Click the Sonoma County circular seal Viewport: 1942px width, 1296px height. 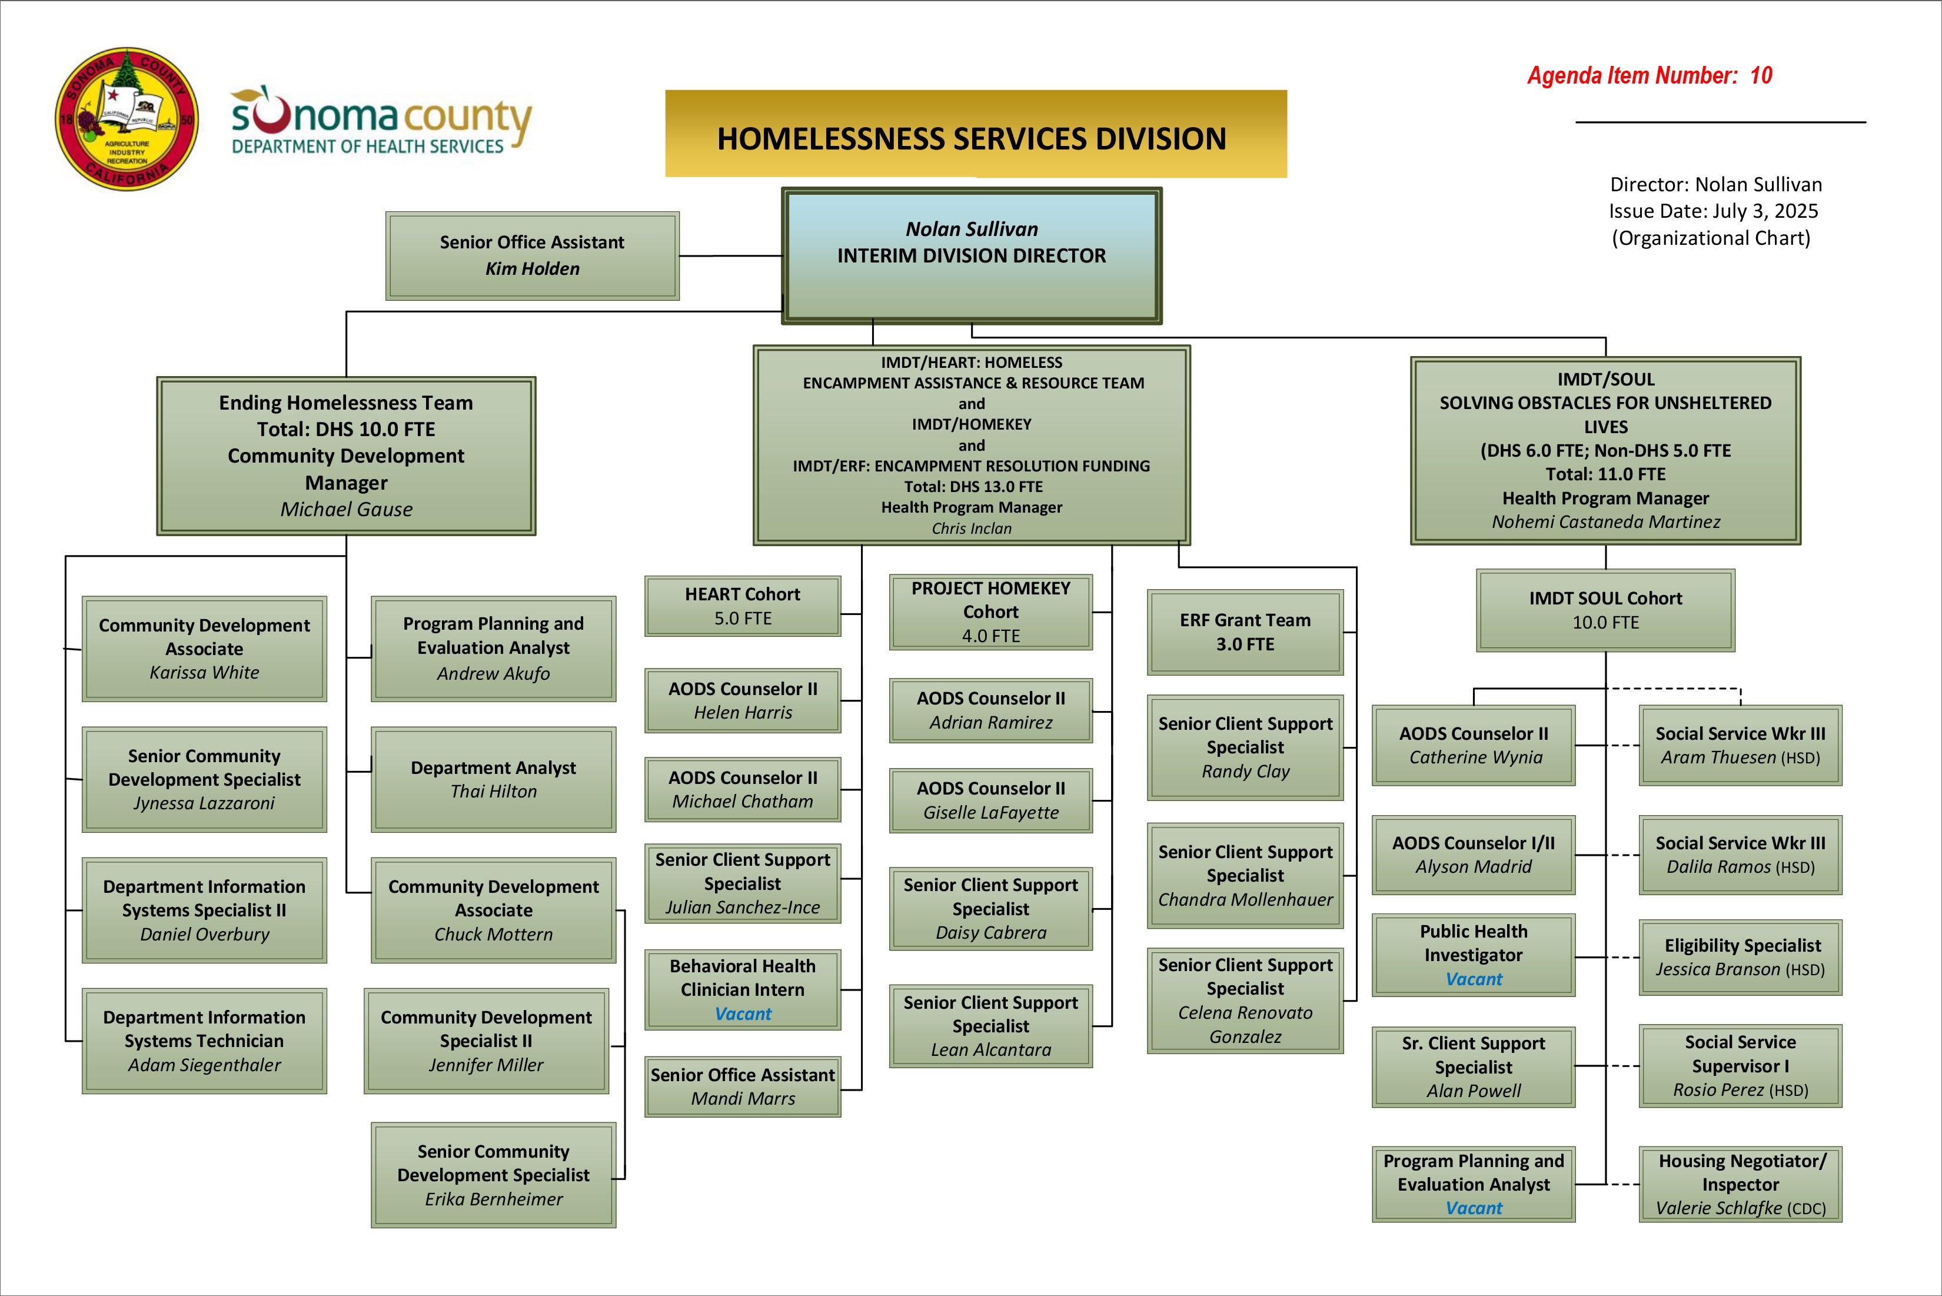(x=127, y=118)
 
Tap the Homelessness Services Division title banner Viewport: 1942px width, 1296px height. (x=975, y=135)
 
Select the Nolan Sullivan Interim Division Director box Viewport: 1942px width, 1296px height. (x=972, y=255)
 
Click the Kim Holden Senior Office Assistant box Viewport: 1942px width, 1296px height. (x=532, y=255)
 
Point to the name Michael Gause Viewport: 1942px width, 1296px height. (x=346, y=509)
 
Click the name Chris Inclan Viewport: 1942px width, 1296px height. (x=971, y=528)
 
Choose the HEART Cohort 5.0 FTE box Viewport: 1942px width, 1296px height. (x=742, y=606)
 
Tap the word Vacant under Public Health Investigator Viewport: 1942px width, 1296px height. (x=1474, y=979)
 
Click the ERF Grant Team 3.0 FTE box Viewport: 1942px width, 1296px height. (x=1245, y=632)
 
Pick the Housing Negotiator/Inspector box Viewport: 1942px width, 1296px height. (x=1740, y=1184)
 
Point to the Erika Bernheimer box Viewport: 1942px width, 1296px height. (x=493, y=1175)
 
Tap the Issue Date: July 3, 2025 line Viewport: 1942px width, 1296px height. (x=1713, y=211)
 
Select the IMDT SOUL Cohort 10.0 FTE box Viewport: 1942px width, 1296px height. (x=1605, y=610)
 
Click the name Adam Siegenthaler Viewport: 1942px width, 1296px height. (x=204, y=1065)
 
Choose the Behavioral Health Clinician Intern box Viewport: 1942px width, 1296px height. (x=742, y=989)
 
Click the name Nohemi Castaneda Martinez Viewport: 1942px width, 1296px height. (x=1605, y=521)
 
